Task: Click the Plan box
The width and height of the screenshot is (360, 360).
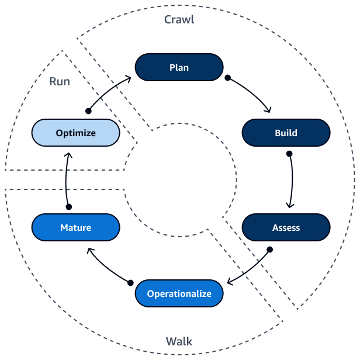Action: [x=179, y=67]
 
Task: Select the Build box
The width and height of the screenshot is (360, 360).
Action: [x=286, y=133]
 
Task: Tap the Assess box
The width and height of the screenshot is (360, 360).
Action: [x=286, y=227]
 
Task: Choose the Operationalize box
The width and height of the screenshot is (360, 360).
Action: [x=179, y=293]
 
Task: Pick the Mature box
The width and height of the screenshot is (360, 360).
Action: [x=75, y=227]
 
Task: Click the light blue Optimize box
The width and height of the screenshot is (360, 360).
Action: [x=75, y=133]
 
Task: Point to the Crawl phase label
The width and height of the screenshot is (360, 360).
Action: [x=179, y=19]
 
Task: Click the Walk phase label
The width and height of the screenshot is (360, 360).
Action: [x=179, y=341]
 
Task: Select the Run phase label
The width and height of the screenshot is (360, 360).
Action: [x=60, y=81]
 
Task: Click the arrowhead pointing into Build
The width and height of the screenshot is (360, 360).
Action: [x=269, y=110]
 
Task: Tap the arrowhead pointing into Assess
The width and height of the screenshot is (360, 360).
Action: [x=289, y=205]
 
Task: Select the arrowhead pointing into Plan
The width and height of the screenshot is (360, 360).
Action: [x=130, y=77]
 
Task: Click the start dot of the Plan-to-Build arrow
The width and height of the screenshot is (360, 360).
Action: [x=228, y=77]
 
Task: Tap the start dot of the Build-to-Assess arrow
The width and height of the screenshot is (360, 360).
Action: [x=289, y=154]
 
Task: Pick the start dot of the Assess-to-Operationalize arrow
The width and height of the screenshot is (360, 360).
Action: [x=270, y=250]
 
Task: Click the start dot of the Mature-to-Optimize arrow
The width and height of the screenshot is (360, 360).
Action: [x=68, y=207]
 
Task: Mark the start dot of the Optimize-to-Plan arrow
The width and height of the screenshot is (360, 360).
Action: [x=88, y=110]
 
